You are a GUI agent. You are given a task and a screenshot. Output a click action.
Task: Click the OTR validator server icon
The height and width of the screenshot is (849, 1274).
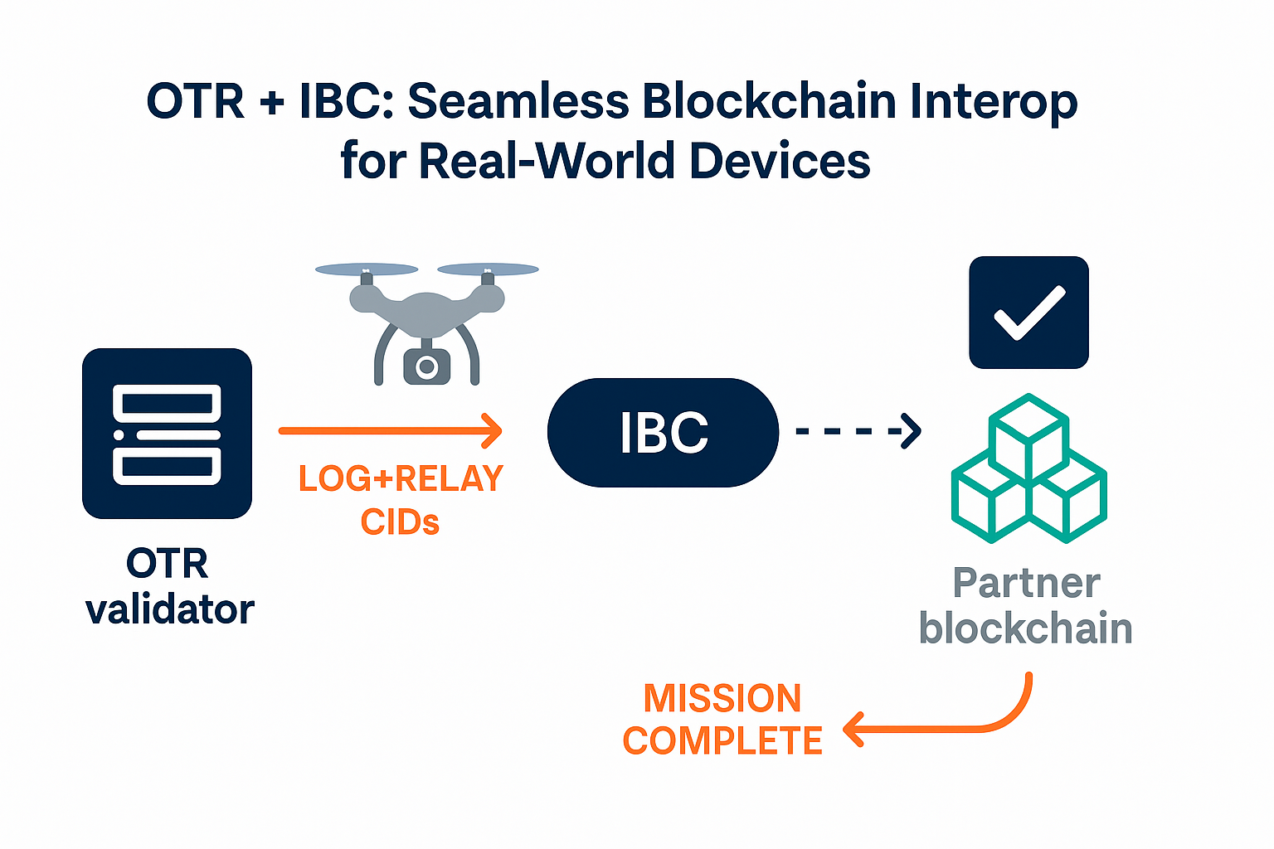(167, 434)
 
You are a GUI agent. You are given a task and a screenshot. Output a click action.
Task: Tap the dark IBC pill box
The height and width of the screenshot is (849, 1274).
(663, 432)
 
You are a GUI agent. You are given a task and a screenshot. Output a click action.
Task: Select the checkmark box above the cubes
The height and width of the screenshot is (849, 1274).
(1028, 313)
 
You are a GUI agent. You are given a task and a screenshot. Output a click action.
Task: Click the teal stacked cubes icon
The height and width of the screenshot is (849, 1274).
(1028, 468)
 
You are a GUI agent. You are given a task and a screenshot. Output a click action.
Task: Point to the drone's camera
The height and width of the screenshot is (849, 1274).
(426, 366)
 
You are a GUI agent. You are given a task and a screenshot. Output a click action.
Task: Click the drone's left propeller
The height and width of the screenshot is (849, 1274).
(367, 269)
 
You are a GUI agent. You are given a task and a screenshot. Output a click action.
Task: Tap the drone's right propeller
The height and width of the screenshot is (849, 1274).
(488, 269)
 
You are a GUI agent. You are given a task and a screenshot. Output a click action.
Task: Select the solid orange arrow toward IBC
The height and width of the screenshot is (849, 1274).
(390, 431)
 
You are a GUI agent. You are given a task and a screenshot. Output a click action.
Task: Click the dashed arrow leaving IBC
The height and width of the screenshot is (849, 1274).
(858, 431)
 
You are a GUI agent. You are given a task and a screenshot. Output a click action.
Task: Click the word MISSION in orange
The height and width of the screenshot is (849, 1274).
(722, 698)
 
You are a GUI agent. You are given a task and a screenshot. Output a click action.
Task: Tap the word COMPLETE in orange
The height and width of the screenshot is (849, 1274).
(722, 740)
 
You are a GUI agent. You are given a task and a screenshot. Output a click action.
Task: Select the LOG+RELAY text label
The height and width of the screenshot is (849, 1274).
(401, 478)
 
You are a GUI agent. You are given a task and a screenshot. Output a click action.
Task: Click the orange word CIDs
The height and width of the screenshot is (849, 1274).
(400, 522)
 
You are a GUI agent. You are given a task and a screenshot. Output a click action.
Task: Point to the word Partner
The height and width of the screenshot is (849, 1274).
(1027, 583)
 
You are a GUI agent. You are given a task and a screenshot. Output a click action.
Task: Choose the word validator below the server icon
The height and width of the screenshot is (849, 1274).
(170, 609)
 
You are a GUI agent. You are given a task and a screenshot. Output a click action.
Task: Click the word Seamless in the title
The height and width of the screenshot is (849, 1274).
(518, 101)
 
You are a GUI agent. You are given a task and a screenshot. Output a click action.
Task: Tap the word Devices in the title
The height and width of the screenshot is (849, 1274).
(780, 160)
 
